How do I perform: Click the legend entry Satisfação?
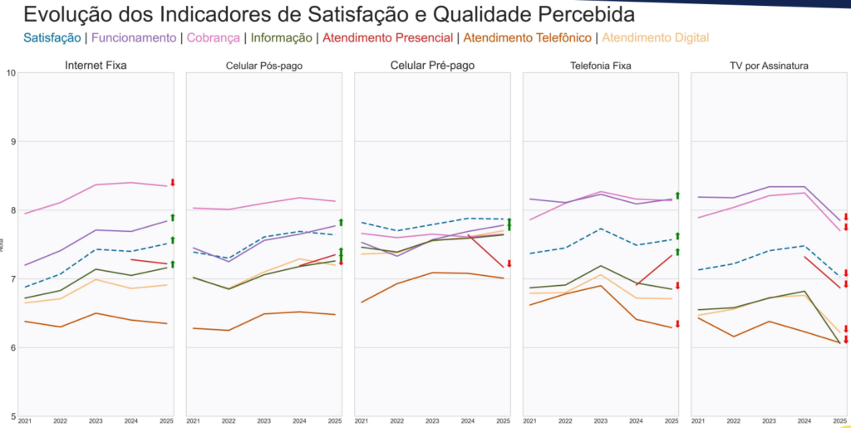pyautogui.click(x=52, y=37)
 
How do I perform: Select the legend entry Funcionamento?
pyautogui.click(x=133, y=37)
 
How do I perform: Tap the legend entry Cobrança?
pyautogui.click(x=214, y=37)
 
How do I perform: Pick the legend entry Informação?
pyautogui.click(x=281, y=37)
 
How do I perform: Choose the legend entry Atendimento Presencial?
pyautogui.click(x=387, y=37)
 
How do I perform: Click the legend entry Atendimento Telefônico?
pyautogui.click(x=527, y=37)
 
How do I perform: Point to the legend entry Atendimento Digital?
pyautogui.click(x=655, y=37)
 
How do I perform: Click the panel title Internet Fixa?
pyautogui.click(x=96, y=65)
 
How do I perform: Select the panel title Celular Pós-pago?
pyautogui.click(x=264, y=65)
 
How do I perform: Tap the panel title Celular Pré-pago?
pyautogui.click(x=432, y=65)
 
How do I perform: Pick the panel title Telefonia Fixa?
pyautogui.click(x=601, y=65)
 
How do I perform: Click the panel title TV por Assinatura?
pyautogui.click(x=769, y=65)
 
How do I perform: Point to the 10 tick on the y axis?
pyautogui.click(x=11, y=73)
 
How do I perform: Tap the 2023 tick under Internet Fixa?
pyautogui.click(x=96, y=421)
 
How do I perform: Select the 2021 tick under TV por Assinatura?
pyautogui.click(x=699, y=421)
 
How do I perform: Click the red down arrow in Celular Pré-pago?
pyautogui.click(x=509, y=263)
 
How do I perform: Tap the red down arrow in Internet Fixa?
pyautogui.click(x=172, y=183)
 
